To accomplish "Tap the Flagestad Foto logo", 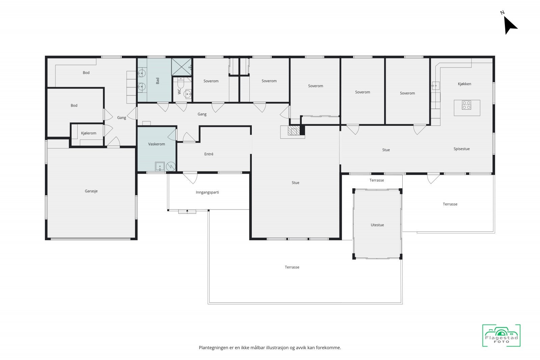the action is click(x=501, y=335).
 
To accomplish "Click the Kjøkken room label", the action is click(x=464, y=84).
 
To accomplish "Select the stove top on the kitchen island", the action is click(x=466, y=105).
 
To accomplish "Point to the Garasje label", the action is click(x=91, y=191).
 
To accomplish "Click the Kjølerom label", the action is click(x=88, y=133).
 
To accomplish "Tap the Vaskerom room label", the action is click(x=157, y=144).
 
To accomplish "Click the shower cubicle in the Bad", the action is click(x=182, y=67).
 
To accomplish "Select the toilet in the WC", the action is click(x=181, y=83).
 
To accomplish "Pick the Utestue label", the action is click(x=377, y=225).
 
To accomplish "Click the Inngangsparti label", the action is click(x=207, y=192).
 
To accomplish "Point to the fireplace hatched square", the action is click(x=294, y=130).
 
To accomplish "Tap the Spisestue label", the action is click(x=461, y=149).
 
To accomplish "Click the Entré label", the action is click(x=209, y=154).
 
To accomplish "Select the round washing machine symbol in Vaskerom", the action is click(x=171, y=167).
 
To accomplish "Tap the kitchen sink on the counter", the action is click(x=435, y=86).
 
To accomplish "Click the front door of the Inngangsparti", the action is click(x=187, y=212).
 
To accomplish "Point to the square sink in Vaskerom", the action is click(x=160, y=167).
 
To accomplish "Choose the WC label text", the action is click(x=179, y=91).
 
